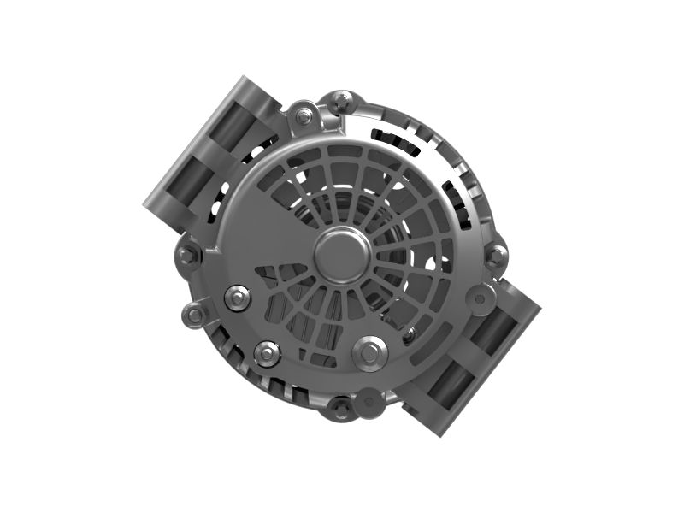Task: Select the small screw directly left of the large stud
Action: tap(267, 351)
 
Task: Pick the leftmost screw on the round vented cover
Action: tap(235, 298)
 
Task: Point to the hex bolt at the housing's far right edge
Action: tap(494, 253)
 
